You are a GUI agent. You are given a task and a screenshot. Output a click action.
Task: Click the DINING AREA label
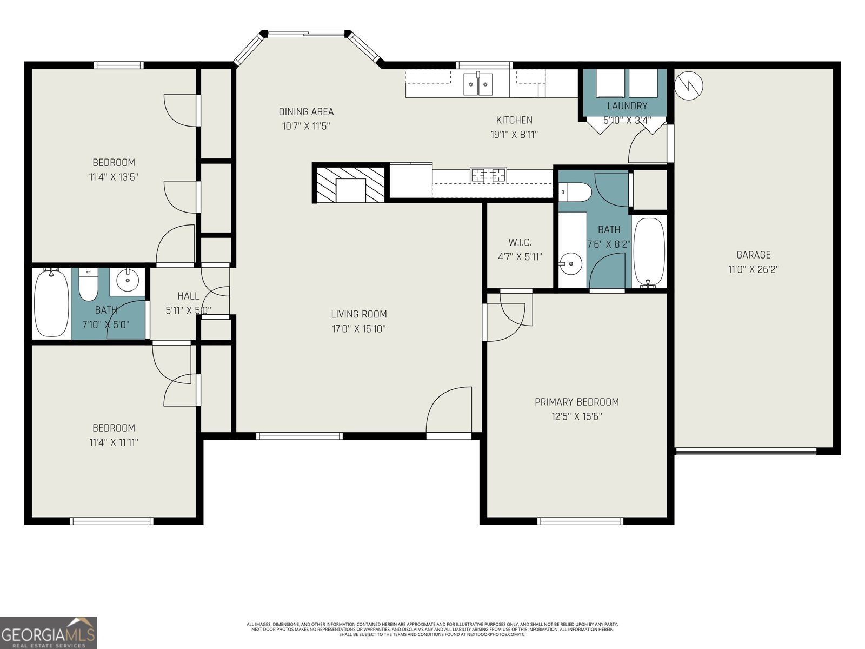click(x=306, y=112)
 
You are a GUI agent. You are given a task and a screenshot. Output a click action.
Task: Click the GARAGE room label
click(x=753, y=255)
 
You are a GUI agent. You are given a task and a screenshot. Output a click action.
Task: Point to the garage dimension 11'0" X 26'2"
click(x=753, y=269)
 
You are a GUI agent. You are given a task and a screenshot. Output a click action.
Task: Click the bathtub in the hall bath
click(x=51, y=303)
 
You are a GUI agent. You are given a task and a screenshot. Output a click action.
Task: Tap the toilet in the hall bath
click(x=88, y=285)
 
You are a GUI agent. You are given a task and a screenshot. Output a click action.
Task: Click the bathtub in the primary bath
click(x=648, y=252)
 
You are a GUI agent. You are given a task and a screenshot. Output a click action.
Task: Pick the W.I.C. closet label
click(x=520, y=242)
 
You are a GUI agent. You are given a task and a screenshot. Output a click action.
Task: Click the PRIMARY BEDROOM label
click(x=576, y=402)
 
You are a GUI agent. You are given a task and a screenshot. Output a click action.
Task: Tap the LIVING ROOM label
click(x=359, y=314)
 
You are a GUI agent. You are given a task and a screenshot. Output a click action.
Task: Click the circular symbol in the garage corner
click(x=689, y=85)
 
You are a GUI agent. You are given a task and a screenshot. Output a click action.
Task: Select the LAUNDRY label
click(x=627, y=106)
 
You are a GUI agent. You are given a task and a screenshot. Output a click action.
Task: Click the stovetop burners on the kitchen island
click(x=488, y=175)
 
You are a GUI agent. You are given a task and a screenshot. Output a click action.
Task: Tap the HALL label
click(x=188, y=296)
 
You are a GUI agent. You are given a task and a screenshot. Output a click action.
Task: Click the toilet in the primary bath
click(x=572, y=191)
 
